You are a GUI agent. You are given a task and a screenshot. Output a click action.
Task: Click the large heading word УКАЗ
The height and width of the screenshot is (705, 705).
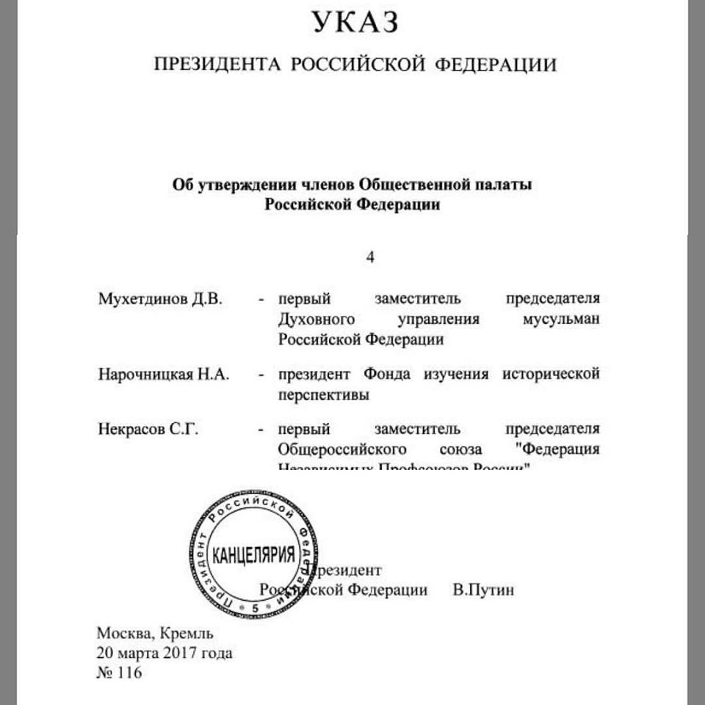coord(355,22)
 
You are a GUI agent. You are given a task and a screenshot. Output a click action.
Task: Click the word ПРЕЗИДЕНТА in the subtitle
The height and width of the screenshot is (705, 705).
coord(217,65)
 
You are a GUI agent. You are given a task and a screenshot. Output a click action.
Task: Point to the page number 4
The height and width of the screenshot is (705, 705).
coord(370,257)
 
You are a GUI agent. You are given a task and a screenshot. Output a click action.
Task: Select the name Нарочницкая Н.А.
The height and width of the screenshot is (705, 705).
coord(163,375)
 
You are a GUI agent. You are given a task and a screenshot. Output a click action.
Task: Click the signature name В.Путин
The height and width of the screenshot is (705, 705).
coord(483,590)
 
